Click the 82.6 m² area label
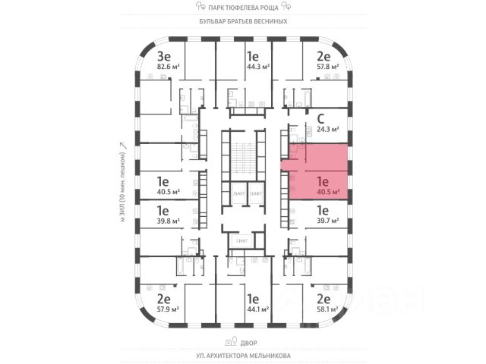pyautogui.click(x=166, y=67)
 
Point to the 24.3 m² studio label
pyautogui.click(x=324, y=129)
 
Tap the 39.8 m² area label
pyautogui.click(x=166, y=221)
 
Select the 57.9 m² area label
pyautogui.click(x=166, y=309)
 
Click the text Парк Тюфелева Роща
pyautogui.click(x=243, y=8)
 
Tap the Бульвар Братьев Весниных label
pyautogui.click(x=243, y=21)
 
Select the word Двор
pyautogui.click(x=243, y=341)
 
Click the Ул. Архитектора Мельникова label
pyautogui.click(x=243, y=355)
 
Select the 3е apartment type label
pyautogui.click(x=163, y=55)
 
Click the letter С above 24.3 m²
pyautogui.click(x=321, y=118)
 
